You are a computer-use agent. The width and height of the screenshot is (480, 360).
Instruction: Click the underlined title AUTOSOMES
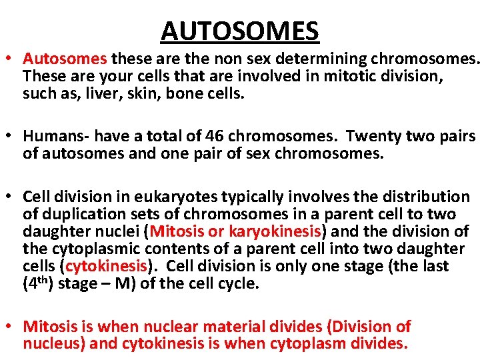pos(240,30)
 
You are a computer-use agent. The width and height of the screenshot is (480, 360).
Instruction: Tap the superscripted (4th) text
pos(38,283)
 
